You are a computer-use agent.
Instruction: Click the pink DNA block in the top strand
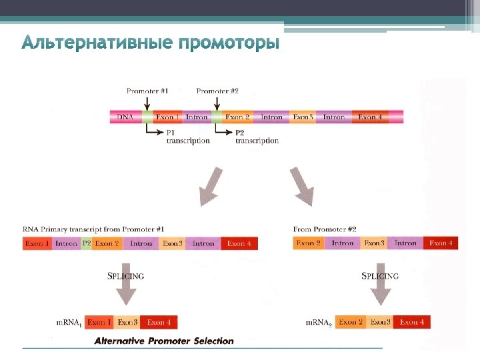pos(125,117)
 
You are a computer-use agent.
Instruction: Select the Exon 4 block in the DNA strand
pos(371,117)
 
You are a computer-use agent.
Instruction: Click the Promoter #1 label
pos(147,91)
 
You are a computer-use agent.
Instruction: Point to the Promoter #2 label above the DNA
pos(217,91)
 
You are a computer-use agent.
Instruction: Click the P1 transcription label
pos(187,137)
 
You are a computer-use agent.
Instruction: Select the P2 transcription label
pos(257,137)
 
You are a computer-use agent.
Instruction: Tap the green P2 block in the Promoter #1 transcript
pos(86,244)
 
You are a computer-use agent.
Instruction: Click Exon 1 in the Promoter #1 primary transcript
pos(37,244)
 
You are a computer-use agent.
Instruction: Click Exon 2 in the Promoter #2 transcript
pos(308,243)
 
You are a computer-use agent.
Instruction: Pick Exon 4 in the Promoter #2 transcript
pos(441,243)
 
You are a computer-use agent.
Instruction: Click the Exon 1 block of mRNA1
pos(99,323)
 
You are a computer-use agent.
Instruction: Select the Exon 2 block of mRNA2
pos(351,323)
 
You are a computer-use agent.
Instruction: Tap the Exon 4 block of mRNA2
pos(411,323)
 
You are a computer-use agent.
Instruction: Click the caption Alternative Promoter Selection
pos(164,341)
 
